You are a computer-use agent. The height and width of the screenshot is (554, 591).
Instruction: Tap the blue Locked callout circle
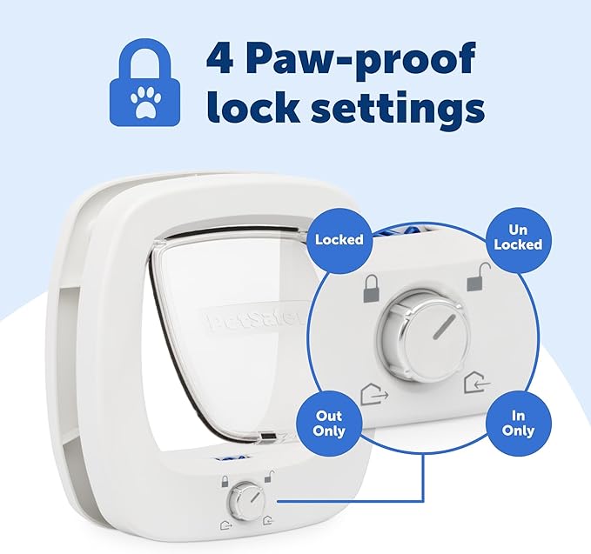pos(339,238)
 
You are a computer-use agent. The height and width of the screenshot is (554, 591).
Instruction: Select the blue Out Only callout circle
pos(331,424)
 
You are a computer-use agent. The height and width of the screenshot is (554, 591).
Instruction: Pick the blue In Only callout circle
pos(518,424)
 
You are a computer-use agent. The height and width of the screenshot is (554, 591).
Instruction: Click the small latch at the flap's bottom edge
pos(272,437)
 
